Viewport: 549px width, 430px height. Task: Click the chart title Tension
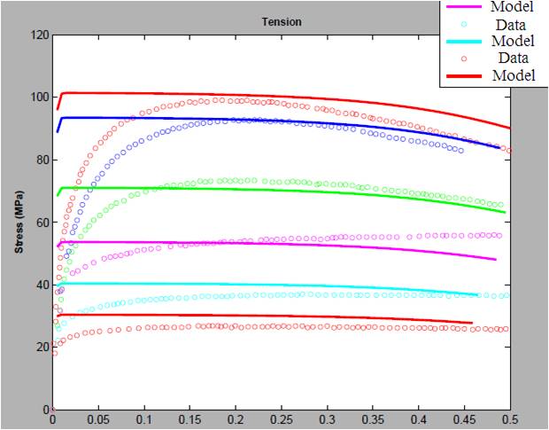[281, 22]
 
